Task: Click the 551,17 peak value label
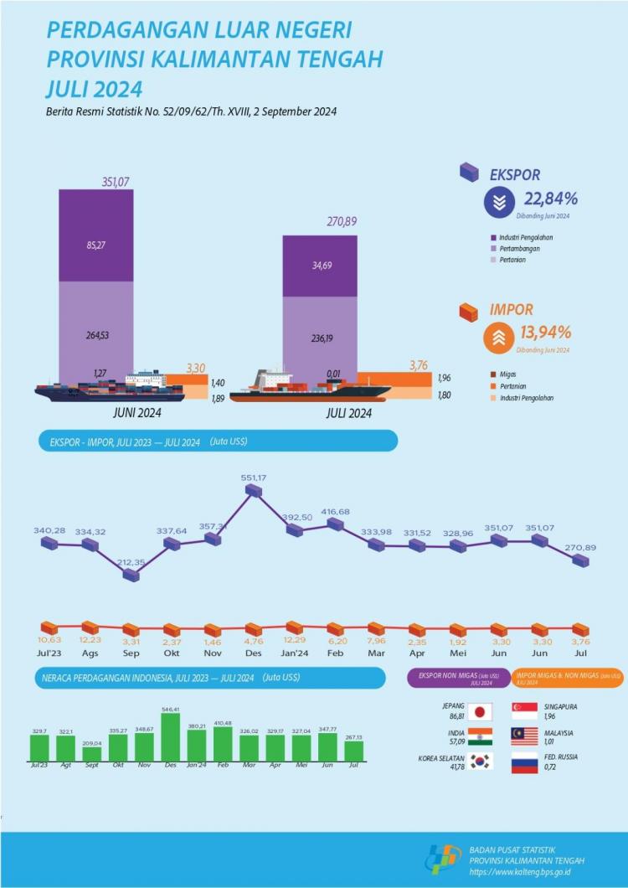253,478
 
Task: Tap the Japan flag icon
480,711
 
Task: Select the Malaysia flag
524,736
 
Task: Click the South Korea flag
480,762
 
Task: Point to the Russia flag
524,762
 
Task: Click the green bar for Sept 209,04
92,753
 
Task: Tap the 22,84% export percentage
550,199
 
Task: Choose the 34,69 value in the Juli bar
319,266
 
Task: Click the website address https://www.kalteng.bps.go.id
519,871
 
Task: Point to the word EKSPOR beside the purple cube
515,175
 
